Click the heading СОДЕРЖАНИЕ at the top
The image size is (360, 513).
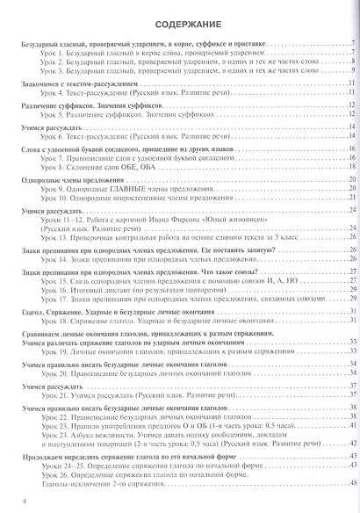(x=179, y=25)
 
